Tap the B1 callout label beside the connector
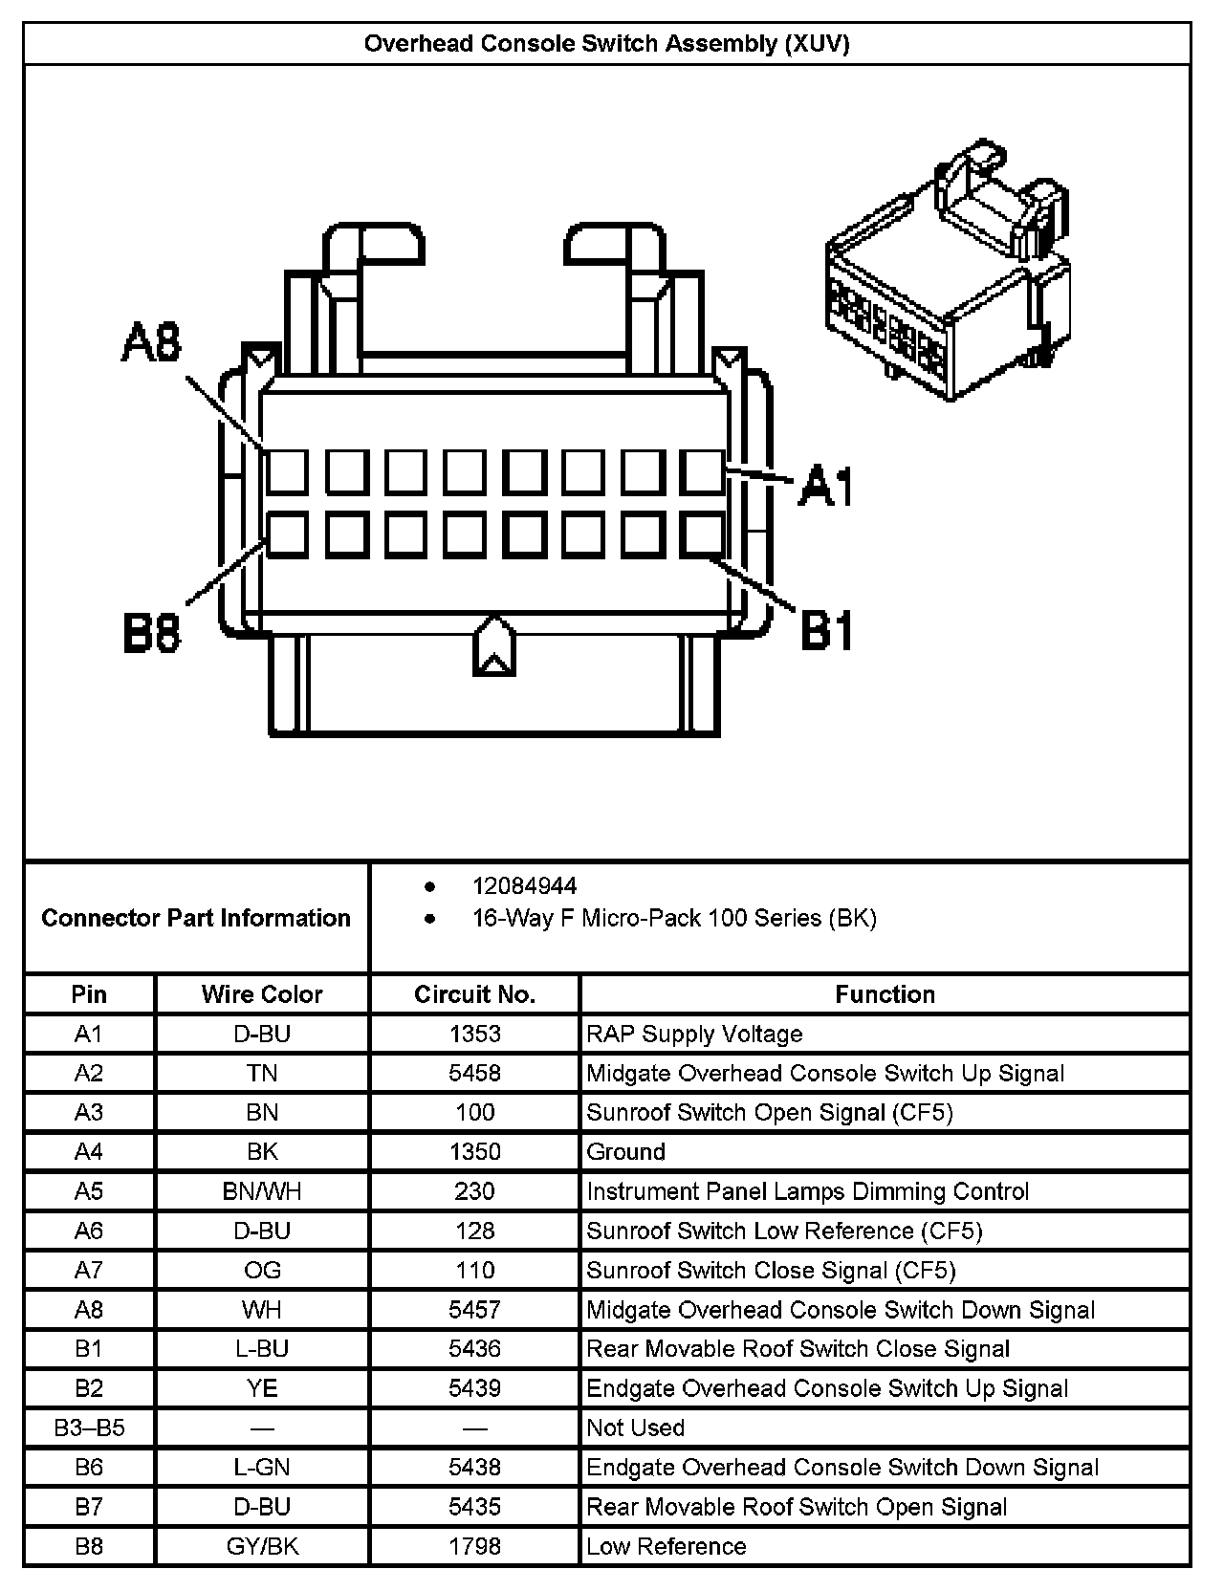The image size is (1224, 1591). point(826,631)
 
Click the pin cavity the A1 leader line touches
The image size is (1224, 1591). point(703,471)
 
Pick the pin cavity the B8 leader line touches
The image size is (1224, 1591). point(287,535)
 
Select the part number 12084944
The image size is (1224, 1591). point(524,886)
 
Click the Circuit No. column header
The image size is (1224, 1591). point(474,994)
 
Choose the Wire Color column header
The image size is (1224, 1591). point(262,994)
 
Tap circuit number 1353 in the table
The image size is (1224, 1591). point(474,1034)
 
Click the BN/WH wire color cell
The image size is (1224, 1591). point(262,1191)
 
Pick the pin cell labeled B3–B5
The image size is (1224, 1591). point(89,1428)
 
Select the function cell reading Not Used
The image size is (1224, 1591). point(635,1428)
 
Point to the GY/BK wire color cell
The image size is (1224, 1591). point(262,1546)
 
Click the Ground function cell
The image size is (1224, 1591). point(625,1151)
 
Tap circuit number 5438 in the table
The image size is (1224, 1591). point(474,1467)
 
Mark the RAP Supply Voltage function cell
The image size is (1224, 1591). point(694,1034)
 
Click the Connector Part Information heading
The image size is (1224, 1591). point(196,918)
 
